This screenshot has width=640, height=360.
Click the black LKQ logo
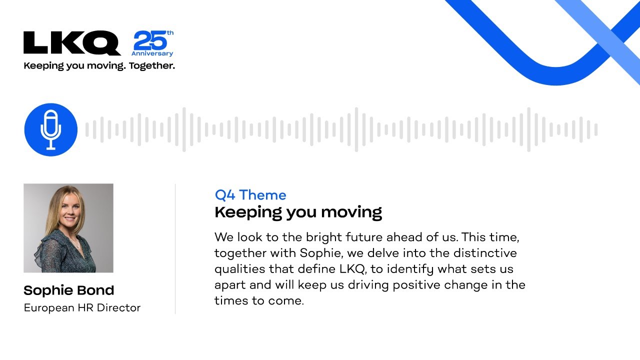click(72, 43)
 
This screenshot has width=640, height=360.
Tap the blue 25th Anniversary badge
click(152, 43)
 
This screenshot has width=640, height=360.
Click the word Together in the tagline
click(151, 66)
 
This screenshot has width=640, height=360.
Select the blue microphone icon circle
click(51, 129)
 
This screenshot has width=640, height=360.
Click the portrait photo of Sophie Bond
click(68, 228)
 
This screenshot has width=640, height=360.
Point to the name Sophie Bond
click(69, 290)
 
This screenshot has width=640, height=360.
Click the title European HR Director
click(82, 307)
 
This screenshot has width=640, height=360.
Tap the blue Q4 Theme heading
click(250, 195)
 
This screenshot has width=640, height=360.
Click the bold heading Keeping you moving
click(298, 212)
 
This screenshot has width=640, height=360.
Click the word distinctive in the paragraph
click(485, 253)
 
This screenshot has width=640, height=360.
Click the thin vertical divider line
click(175, 249)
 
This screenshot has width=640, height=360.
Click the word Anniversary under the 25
click(152, 53)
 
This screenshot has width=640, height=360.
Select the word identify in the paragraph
click(409, 269)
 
